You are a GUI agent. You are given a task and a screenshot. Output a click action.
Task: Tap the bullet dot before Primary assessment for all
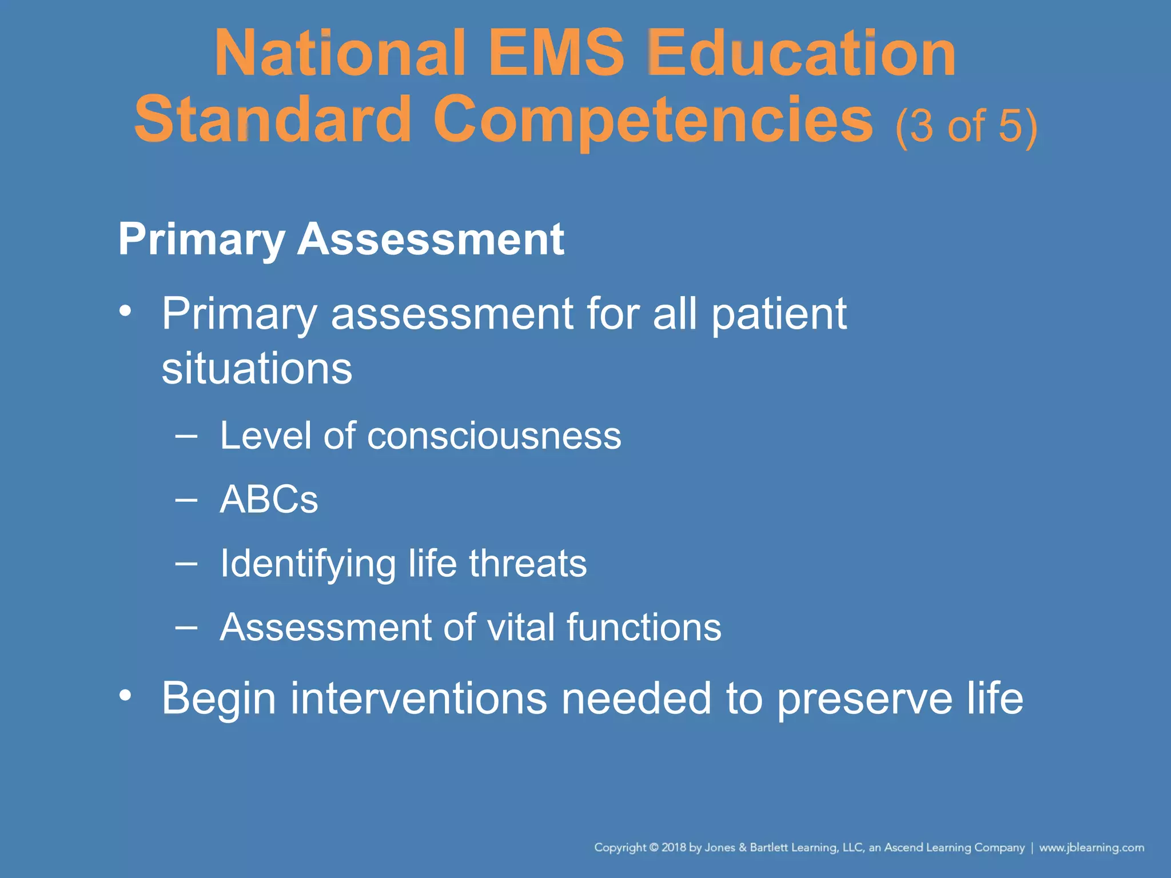[125, 312]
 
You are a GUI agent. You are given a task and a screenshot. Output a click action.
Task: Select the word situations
[257, 368]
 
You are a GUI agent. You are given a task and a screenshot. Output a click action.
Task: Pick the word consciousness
[494, 436]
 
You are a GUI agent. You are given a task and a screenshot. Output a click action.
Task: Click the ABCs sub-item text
[269, 500]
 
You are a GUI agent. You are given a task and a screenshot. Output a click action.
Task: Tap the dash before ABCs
[186, 500]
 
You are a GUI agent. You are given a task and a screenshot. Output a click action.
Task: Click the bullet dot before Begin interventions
[125, 696]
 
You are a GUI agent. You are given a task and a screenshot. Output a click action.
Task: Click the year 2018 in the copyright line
[674, 847]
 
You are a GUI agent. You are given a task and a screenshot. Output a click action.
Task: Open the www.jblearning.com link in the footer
[1092, 847]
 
